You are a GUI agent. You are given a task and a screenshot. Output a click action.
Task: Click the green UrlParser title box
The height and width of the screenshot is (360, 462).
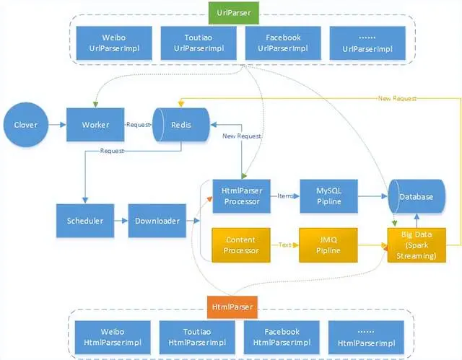[231, 13]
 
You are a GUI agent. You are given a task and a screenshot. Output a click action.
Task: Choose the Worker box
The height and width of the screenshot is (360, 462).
[95, 125]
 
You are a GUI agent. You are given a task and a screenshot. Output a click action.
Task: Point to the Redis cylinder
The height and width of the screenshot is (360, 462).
[180, 125]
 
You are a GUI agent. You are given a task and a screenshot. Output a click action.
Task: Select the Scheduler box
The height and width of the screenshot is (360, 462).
[85, 221]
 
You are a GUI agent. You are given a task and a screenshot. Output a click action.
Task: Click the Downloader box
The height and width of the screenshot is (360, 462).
[157, 221]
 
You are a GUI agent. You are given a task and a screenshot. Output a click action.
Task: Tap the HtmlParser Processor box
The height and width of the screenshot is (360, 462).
[241, 196]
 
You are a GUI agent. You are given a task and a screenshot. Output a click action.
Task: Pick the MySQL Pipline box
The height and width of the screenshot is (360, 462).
[328, 196]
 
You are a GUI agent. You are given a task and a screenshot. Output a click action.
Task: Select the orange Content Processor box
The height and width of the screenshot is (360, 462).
[241, 245]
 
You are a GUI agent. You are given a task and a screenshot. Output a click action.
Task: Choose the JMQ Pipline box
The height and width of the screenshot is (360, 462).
[328, 245]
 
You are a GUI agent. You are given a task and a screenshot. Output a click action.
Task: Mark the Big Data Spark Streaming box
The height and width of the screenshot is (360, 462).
[417, 245]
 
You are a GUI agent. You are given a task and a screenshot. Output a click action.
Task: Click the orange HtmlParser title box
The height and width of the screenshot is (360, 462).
[231, 307]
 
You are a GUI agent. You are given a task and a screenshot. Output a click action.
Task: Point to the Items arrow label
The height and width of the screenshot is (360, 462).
[287, 196]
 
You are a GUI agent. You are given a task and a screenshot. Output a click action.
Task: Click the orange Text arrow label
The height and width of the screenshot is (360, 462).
[287, 245]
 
